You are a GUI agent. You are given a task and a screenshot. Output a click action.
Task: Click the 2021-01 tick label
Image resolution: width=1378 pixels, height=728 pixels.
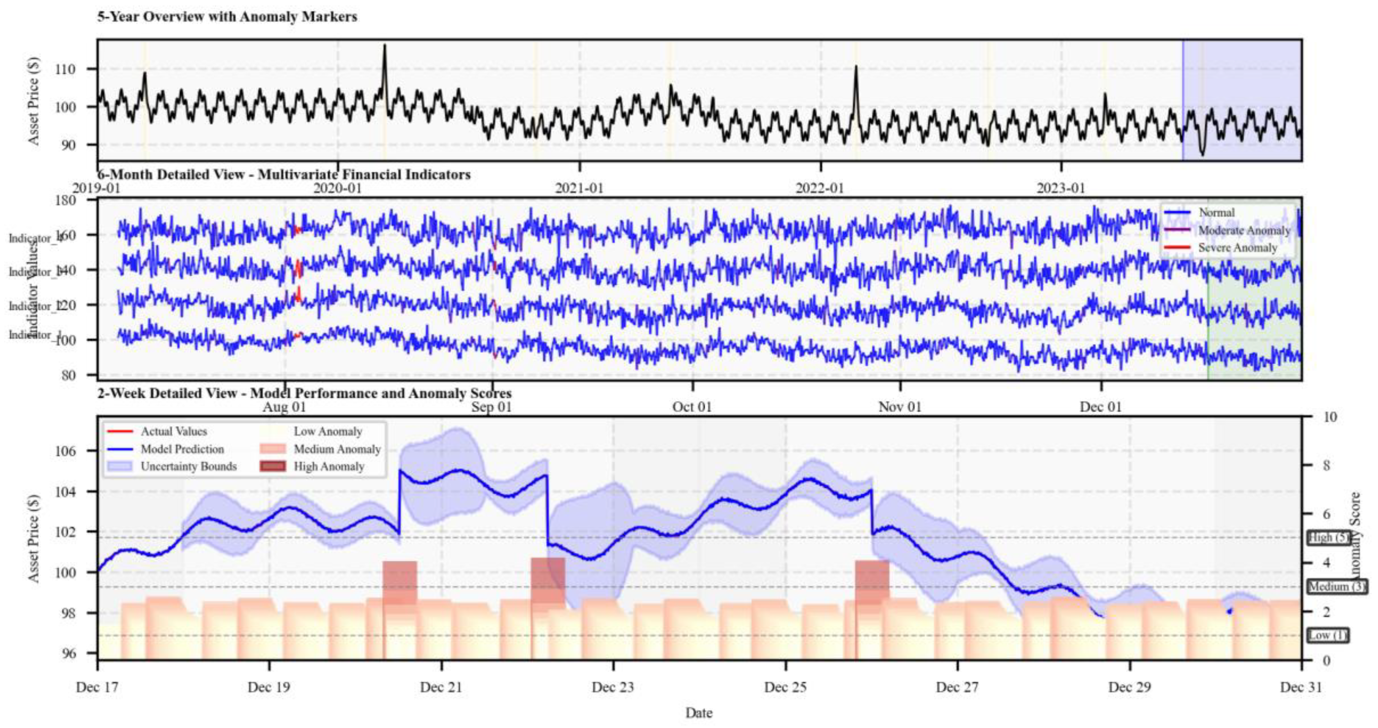(x=579, y=188)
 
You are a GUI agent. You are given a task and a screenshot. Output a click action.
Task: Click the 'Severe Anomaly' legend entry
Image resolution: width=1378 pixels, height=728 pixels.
(x=1237, y=248)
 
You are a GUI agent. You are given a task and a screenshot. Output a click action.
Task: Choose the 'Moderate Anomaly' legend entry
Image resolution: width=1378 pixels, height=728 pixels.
(x=1244, y=231)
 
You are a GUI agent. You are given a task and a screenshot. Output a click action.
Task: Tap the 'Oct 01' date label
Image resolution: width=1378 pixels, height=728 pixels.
(x=692, y=407)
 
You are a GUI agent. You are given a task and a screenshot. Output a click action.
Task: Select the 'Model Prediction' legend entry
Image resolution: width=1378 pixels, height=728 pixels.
(x=182, y=449)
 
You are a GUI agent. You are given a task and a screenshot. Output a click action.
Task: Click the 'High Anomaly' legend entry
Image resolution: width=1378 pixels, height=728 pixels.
(x=328, y=467)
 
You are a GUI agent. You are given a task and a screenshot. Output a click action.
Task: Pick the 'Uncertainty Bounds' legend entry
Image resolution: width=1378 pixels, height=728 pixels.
(x=188, y=466)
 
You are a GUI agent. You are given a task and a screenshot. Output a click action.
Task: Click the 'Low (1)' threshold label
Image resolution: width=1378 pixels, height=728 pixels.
(x=1328, y=635)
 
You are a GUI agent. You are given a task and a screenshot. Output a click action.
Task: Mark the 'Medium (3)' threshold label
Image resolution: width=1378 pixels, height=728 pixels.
(x=1336, y=587)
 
